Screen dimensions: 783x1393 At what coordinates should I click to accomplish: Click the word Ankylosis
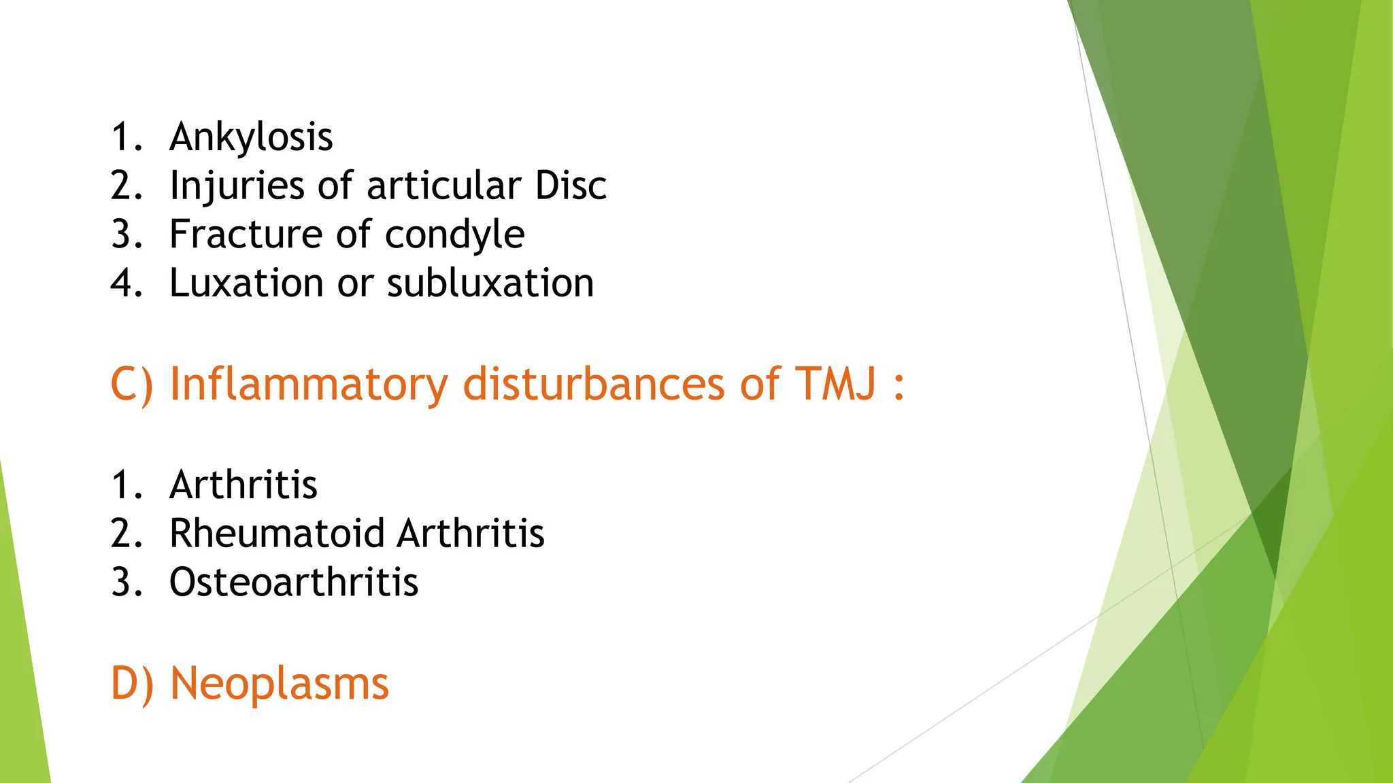[251, 137]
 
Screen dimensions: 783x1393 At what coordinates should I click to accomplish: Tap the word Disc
[571, 186]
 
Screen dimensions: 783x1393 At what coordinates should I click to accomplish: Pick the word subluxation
[490, 283]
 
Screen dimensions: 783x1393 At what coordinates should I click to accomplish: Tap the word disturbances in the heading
[593, 384]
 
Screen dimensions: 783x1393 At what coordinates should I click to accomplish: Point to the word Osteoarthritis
[294, 582]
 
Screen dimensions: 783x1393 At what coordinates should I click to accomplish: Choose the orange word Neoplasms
[280, 684]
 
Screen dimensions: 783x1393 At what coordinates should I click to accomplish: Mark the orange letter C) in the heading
[132, 385]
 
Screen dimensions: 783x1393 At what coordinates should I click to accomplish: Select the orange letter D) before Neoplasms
[132, 684]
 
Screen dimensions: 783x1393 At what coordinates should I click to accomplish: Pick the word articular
[444, 186]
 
